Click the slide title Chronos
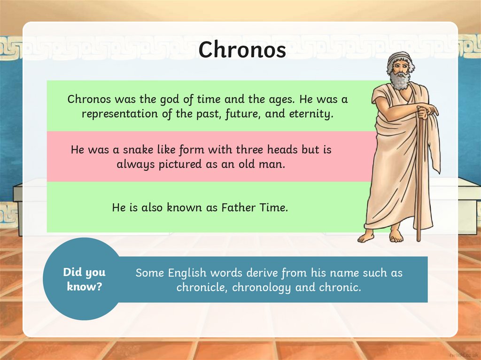[242, 50]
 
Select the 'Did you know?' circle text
[85, 279]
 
